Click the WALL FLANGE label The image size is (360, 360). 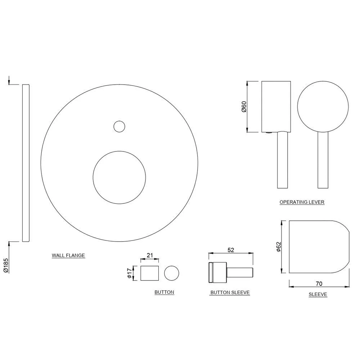coord(68,255)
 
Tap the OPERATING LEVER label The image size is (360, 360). coord(302,202)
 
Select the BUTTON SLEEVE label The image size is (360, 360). coord(230,292)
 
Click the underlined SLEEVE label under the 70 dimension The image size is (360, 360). coord(318,294)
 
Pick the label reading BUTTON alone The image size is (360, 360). coord(164,292)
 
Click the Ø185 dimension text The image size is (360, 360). coord(6,266)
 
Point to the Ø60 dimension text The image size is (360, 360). coord(244,107)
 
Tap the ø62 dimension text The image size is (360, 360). coord(279,247)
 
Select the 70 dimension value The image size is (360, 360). coord(319,284)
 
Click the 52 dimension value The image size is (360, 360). coord(231,250)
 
